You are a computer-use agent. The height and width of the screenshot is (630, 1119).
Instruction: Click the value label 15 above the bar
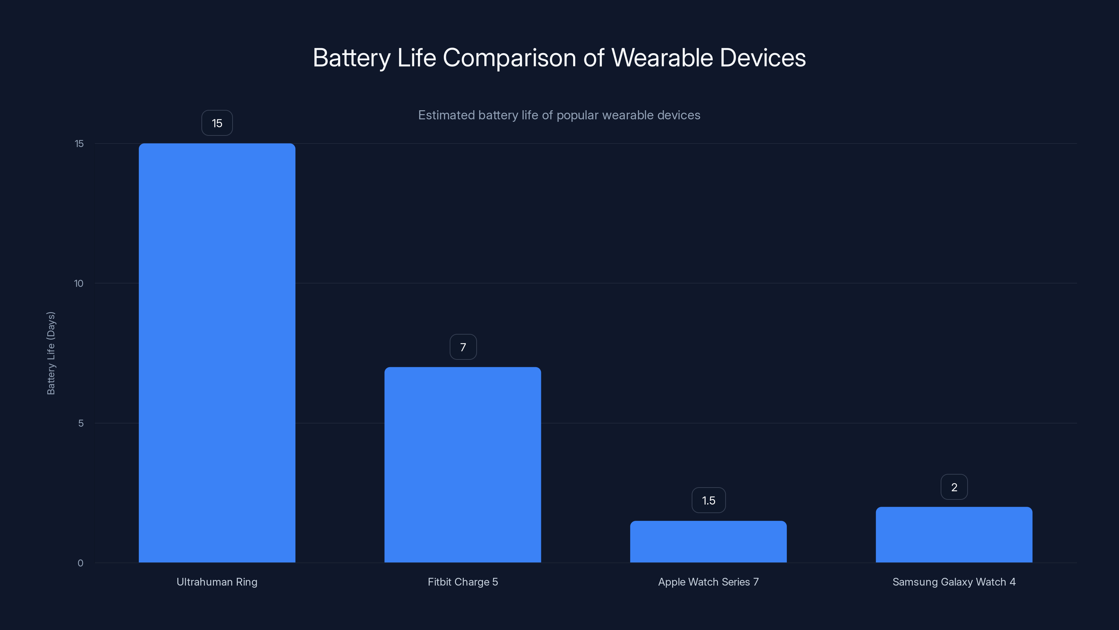pos(217,123)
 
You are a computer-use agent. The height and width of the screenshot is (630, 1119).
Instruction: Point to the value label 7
pos(463,347)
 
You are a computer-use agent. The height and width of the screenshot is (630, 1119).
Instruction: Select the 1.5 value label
pos(708,500)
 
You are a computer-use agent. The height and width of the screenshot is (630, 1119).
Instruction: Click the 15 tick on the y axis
pos(79,143)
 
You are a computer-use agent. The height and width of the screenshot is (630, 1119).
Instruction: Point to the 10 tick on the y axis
pos(79,283)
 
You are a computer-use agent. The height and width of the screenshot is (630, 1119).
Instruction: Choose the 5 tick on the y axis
pos(81,423)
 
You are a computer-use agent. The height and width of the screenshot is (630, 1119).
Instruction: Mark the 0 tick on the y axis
pos(80,563)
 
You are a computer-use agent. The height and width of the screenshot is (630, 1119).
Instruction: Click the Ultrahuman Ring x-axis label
pos(217,582)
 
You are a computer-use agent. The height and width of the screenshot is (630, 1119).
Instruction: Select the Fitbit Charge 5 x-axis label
pos(463,582)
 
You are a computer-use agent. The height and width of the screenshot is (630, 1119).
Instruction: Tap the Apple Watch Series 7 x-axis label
pos(708,582)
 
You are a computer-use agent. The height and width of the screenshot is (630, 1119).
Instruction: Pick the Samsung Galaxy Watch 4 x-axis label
pos(954,582)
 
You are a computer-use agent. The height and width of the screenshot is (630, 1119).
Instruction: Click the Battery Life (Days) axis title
pos(51,353)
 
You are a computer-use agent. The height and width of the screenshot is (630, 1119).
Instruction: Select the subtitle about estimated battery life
pos(559,115)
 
